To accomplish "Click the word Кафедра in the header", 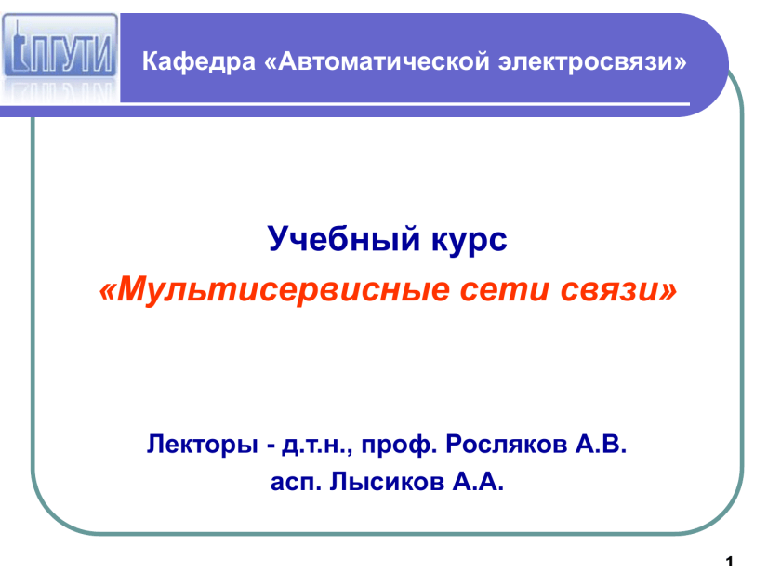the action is pyautogui.click(x=198, y=61).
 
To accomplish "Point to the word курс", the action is pyautogui.click(x=470, y=240).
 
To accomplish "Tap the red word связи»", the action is pyautogui.click(x=618, y=290).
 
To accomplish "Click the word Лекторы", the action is pyautogui.click(x=203, y=444).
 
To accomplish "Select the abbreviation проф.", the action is pyautogui.click(x=399, y=445).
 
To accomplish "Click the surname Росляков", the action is pyautogui.click(x=506, y=444).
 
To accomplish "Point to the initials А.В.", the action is pyautogui.click(x=602, y=444).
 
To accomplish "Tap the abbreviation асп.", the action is pyautogui.click(x=296, y=483).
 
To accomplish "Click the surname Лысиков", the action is pyautogui.click(x=387, y=482).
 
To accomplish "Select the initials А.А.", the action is pyautogui.click(x=478, y=482).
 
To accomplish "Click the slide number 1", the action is pyautogui.click(x=730, y=562).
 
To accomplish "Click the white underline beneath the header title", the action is pyautogui.click(x=404, y=104).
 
